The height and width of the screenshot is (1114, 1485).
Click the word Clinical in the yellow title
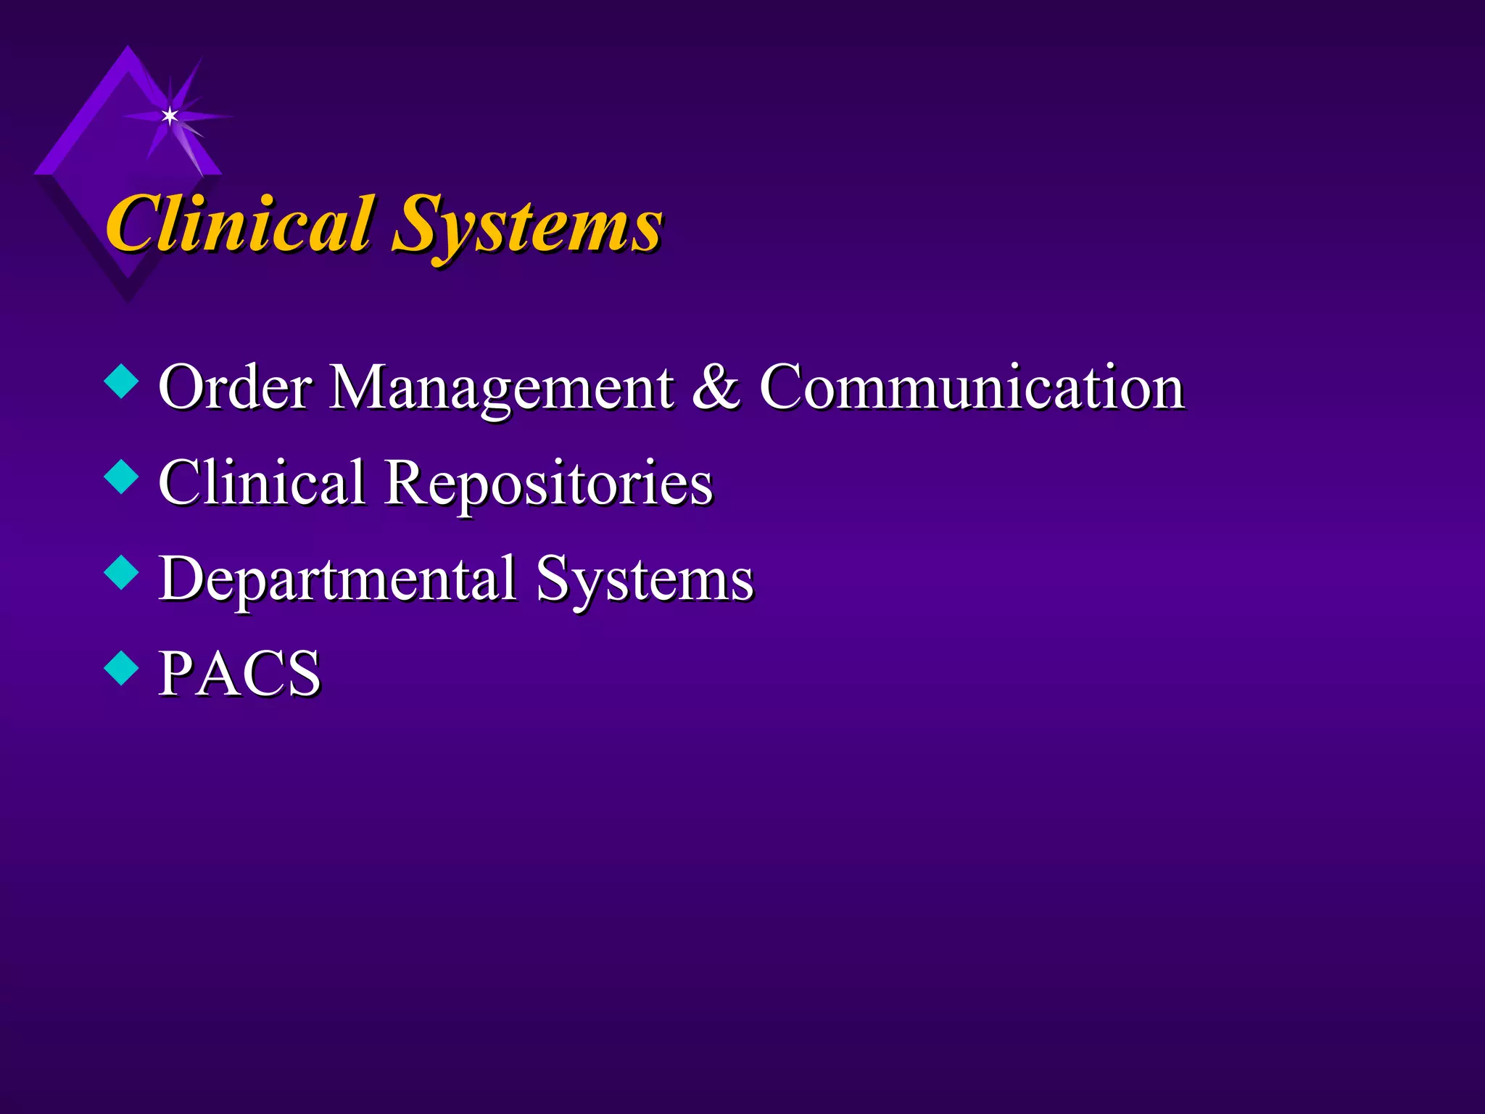tap(239, 225)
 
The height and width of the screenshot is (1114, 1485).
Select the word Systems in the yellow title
tap(527, 226)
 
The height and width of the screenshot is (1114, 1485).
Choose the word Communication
tap(972, 387)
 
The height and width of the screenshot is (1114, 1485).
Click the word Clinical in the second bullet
tap(262, 482)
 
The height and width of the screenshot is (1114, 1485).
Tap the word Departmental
tap(338, 579)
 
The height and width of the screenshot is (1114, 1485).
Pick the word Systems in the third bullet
tap(645, 581)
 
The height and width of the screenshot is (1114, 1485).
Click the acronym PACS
tap(239, 674)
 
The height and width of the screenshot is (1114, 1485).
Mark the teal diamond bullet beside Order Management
tap(121, 382)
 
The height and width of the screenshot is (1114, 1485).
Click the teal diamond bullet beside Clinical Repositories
tap(121, 478)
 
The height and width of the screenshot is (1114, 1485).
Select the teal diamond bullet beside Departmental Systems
tap(121, 573)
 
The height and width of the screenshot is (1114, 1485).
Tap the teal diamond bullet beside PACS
tap(121, 669)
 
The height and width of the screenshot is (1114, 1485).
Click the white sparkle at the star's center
tap(170, 115)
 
